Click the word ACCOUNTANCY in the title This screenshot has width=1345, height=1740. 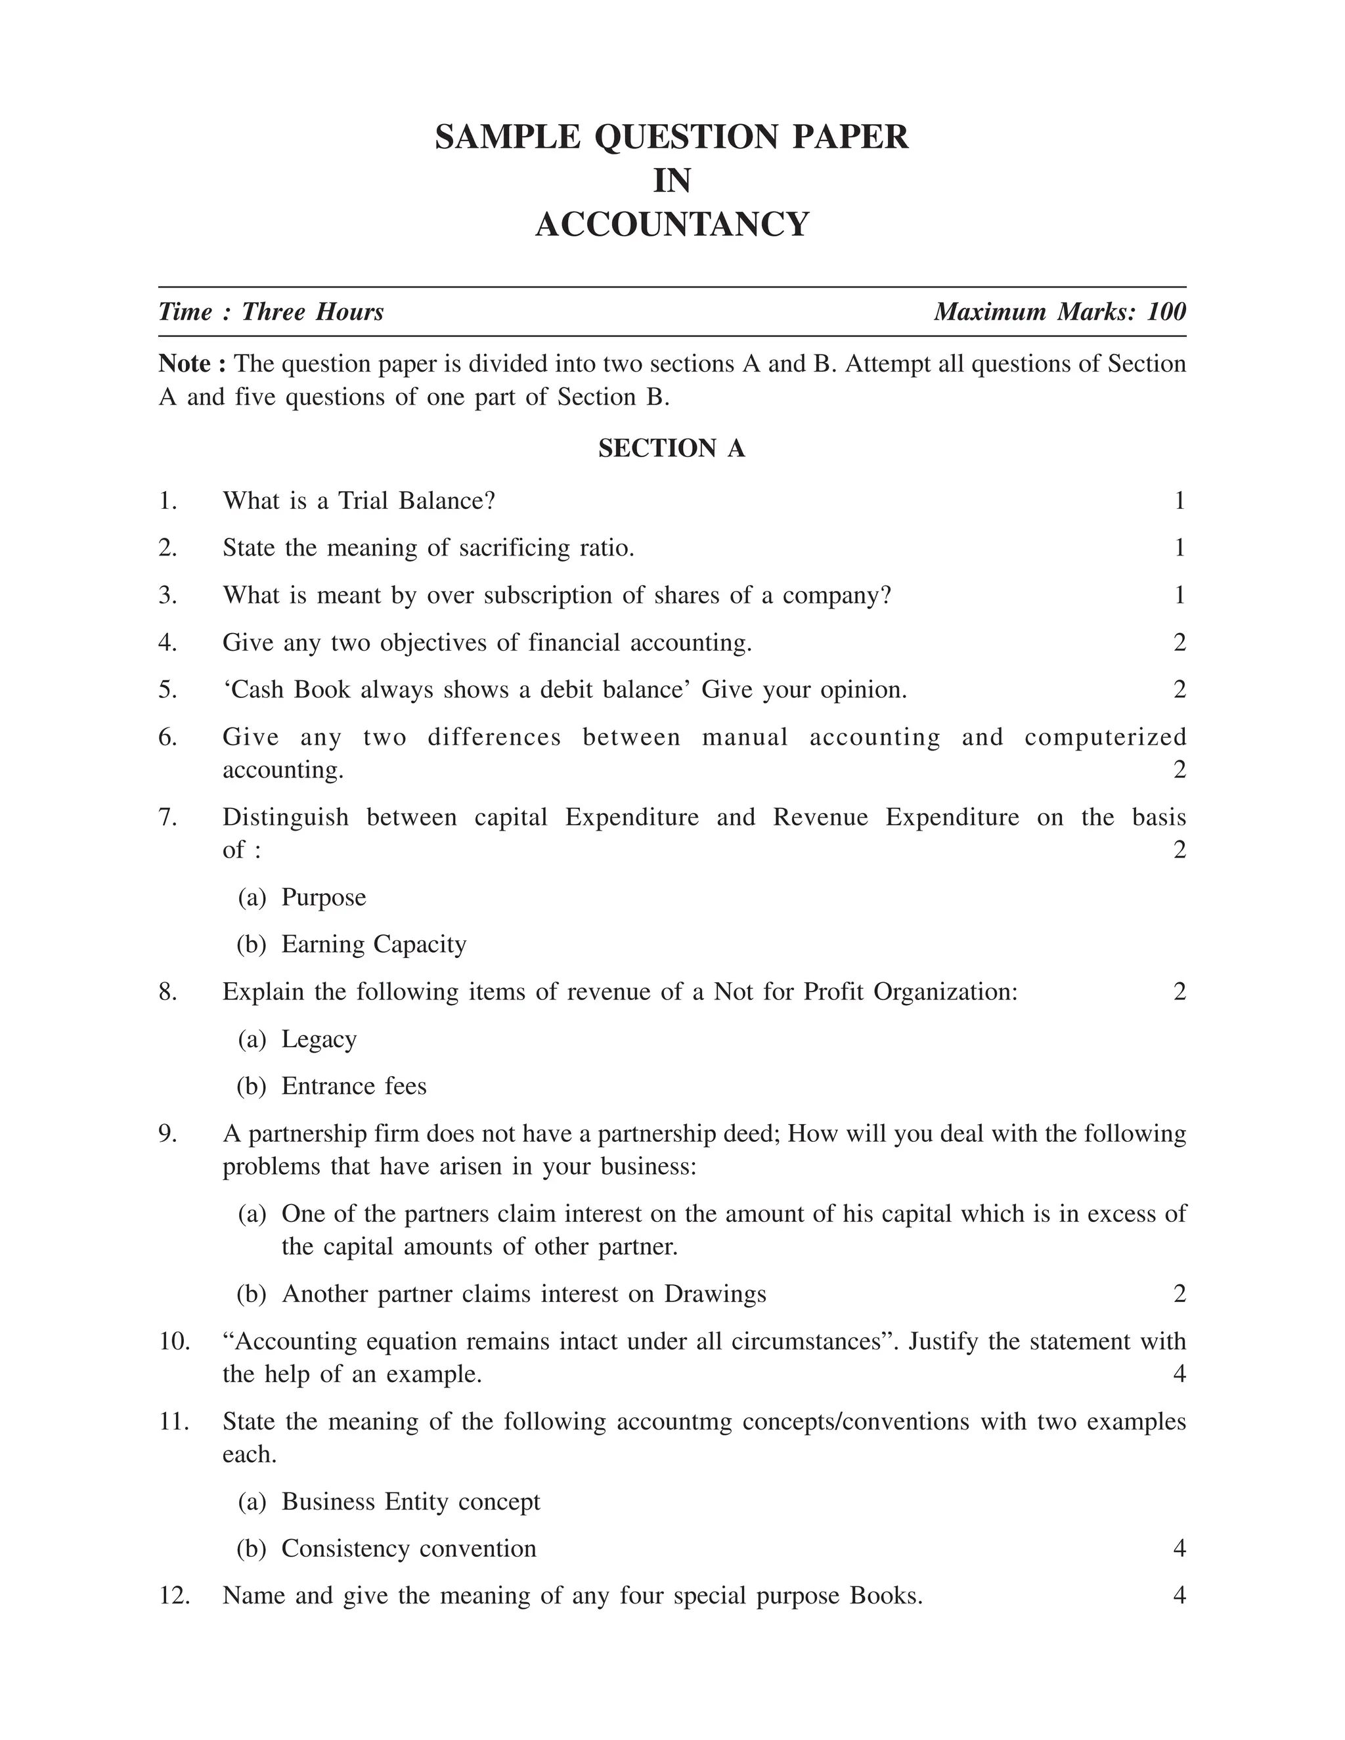point(672,225)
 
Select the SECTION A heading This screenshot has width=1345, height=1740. point(672,448)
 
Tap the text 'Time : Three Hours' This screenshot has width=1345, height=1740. point(271,311)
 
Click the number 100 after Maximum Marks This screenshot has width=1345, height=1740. point(1166,311)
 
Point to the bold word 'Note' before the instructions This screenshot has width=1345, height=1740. point(184,364)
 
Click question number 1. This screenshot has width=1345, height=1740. point(167,501)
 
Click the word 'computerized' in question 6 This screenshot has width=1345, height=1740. point(1105,737)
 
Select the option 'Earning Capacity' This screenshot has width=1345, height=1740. point(374,944)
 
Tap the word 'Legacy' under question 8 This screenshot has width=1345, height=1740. point(319,1039)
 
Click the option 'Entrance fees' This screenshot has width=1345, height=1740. point(354,1086)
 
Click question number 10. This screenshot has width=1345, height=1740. point(175,1341)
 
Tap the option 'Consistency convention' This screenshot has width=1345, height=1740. point(408,1548)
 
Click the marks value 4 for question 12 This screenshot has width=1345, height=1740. point(1180,1596)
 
